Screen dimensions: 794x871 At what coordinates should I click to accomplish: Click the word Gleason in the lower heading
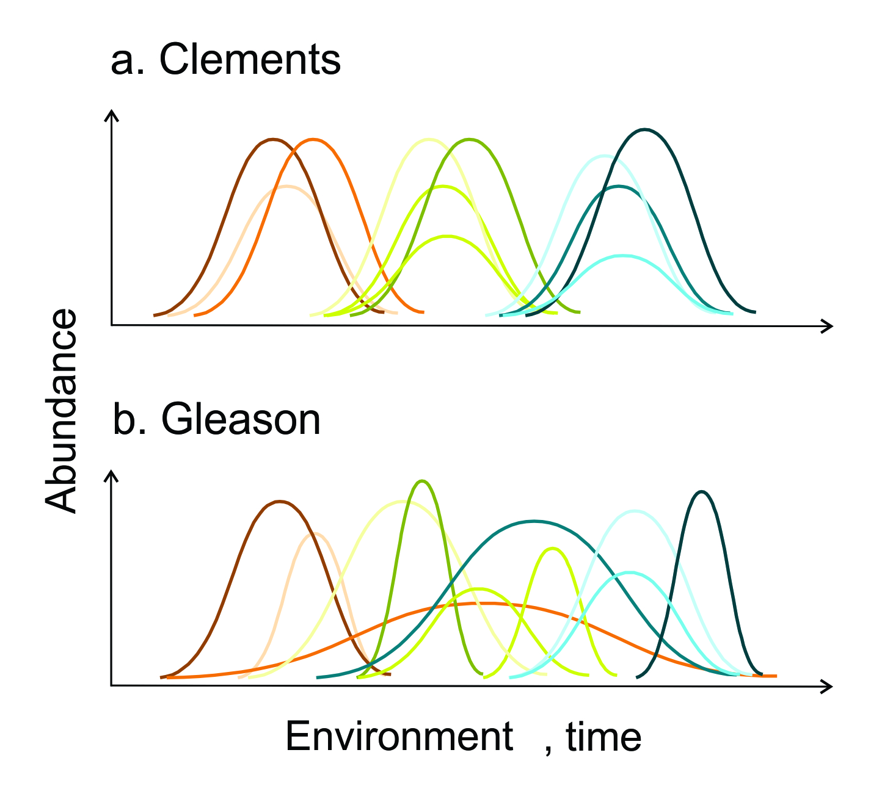click(241, 420)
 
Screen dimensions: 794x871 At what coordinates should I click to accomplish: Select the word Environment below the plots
click(399, 737)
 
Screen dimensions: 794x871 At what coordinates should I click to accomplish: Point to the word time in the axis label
click(603, 737)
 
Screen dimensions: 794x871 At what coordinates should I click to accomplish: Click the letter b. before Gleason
click(129, 420)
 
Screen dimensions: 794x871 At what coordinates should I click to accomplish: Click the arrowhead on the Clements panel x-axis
click(827, 327)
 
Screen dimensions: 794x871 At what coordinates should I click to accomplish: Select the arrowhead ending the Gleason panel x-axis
click(827, 687)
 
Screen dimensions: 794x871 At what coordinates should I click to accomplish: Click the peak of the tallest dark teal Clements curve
click(644, 129)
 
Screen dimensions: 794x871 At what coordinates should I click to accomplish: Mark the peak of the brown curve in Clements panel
click(272, 140)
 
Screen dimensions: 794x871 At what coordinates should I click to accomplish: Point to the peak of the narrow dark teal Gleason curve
click(702, 491)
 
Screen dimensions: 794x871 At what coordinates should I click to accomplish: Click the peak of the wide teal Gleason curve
click(534, 521)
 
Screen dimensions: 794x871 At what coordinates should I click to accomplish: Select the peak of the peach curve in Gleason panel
click(315, 533)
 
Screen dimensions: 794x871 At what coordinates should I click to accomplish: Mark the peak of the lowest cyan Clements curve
click(622, 256)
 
